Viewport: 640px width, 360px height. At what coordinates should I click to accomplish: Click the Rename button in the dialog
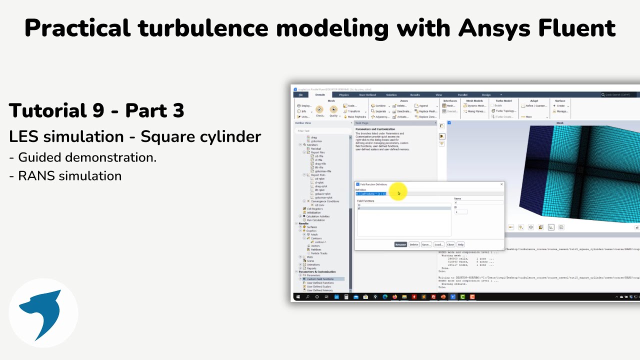point(400,244)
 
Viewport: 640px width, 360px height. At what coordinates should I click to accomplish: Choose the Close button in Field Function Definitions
point(450,244)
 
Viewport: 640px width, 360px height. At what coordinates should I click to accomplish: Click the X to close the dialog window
point(501,184)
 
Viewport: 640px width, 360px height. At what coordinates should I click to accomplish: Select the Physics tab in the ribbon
point(344,94)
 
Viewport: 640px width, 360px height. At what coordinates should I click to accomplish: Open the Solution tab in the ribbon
point(391,94)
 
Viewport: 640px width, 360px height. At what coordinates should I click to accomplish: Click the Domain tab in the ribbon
point(320,94)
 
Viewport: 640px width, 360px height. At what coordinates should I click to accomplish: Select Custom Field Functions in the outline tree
point(320,279)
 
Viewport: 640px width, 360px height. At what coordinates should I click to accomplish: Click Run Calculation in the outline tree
point(315,220)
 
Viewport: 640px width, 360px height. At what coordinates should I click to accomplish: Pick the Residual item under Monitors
point(316,148)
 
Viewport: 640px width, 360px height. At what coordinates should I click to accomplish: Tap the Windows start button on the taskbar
point(297,297)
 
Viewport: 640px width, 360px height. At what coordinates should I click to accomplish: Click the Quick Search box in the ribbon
point(619,94)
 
